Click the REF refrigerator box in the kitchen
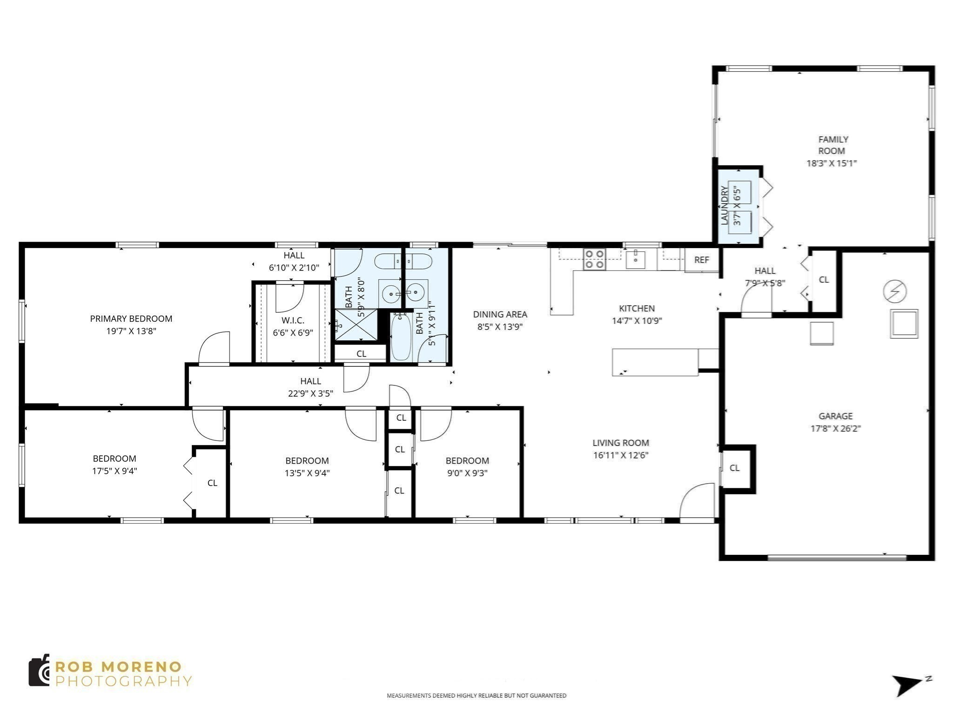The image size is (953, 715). coord(701,260)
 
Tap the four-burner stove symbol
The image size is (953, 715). coord(594,259)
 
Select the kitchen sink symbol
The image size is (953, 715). coord(635,259)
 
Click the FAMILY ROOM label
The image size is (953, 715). coord(832,145)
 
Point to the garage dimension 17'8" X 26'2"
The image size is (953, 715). coord(835,428)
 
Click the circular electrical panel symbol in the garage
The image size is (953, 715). coord(894,291)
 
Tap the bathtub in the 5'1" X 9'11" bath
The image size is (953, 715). coord(401,337)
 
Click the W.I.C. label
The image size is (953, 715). coord(293,320)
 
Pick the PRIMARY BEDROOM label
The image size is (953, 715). coord(131,318)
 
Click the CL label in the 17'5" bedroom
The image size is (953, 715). coord(212,483)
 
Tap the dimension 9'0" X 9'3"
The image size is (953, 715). coord(467,473)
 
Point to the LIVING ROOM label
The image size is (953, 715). coord(620,443)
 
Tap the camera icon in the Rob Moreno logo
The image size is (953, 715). coord(39,670)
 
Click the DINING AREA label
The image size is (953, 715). coord(500,314)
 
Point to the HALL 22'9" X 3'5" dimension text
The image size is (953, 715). coord(310,393)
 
